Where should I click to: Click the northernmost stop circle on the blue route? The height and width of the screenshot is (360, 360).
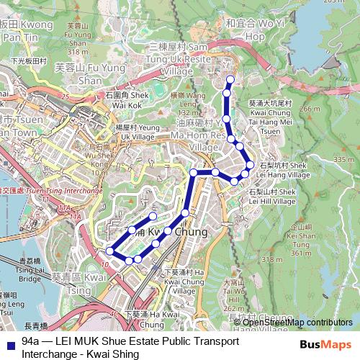pyautogui.click(x=230, y=79)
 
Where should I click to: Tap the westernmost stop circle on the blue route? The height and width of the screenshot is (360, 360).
pyautogui.click(x=110, y=251)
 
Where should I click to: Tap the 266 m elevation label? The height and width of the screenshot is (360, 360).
pyautogui.click(x=311, y=109)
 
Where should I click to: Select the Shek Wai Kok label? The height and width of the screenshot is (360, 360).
pyautogui.click(x=127, y=98)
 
